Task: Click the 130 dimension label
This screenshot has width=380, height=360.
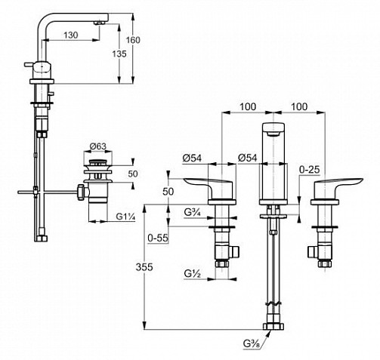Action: [x=71, y=35]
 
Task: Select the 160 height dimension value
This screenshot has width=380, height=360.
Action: [x=133, y=40]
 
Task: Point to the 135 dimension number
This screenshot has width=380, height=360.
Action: [x=119, y=54]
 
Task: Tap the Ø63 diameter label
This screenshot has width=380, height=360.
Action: [x=98, y=146]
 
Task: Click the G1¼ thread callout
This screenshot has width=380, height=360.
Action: [x=126, y=217]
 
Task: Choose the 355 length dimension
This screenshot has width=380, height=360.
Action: [x=144, y=267]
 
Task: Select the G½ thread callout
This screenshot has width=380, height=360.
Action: [x=192, y=273]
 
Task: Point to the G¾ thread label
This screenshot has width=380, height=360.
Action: [x=192, y=213]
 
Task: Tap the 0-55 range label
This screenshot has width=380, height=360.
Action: [x=158, y=238]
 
